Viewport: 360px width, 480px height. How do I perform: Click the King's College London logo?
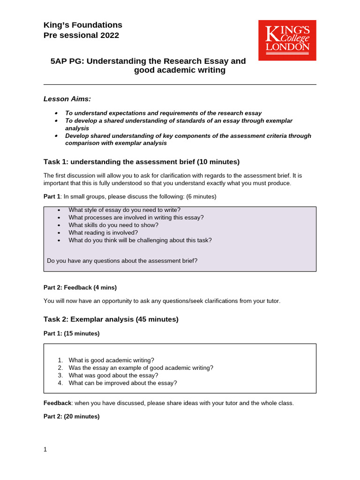(x=287, y=40)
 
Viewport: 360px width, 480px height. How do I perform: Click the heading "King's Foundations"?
(x=82, y=25)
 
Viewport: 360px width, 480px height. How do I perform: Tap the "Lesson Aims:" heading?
(x=67, y=99)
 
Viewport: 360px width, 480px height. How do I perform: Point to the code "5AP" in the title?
(x=59, y=61)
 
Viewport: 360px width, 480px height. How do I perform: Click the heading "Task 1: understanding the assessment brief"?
(x=141, y=162)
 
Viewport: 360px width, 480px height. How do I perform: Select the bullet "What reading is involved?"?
(x=103, y=232)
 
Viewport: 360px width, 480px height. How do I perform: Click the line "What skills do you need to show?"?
(x=113, y=225)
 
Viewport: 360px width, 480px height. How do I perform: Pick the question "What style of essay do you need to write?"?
(x=124, y=210)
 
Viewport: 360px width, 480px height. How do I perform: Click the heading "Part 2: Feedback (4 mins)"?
(x=80, y=287)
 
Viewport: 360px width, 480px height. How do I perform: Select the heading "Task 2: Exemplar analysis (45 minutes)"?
(x=111, y=319)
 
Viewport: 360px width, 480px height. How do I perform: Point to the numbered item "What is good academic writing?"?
(x=111, y=360)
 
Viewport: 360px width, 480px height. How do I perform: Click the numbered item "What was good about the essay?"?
(x=113, y=375)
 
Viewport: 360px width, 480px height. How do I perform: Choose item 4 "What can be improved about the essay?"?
(x=122, y=383)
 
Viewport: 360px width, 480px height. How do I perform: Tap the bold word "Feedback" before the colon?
(x=57, y=403)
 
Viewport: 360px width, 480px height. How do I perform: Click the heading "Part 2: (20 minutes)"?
(x=71, y=416)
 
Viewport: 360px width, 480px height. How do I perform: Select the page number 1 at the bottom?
(x=45, y=450)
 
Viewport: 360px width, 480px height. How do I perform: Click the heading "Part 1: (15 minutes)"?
(x=71, y=334)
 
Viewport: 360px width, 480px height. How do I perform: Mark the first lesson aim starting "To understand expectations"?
(x=163, y=113)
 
